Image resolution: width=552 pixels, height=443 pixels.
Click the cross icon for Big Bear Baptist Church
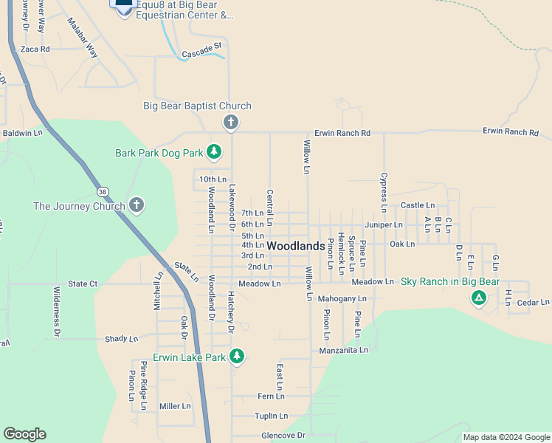click(x=230, y=122)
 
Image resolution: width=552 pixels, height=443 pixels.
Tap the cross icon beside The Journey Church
click(x=136, y=206)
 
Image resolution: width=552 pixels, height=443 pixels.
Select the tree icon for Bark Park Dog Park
click(x=214, y=152)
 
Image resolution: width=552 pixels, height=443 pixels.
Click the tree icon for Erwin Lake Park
click(x=237, y=357)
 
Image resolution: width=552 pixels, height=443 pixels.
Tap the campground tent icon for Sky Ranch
click(x=478, y=298)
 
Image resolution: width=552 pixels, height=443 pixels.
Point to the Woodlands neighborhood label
click(x=295, y=245)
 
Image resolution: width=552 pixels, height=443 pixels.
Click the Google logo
click(x=24, y=434)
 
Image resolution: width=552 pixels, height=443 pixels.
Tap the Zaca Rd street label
click(x=35, y=49)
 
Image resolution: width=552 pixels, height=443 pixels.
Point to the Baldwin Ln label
click(x=23, y=133)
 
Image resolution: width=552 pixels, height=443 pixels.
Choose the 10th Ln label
click(x=213, y=179)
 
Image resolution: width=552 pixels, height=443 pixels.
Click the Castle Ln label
click(x=417, y=205)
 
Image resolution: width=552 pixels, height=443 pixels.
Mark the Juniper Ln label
click(x=384, y=224)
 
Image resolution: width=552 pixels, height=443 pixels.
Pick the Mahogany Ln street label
click(x=342, y=299)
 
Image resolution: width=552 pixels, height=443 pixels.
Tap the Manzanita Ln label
click(x=343, y=350)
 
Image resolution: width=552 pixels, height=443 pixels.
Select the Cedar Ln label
click(x=533, y=302)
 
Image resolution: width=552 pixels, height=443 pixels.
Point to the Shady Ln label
click(x=121, y=339)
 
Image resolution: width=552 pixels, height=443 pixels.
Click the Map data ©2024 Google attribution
click(x=506, y=437)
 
